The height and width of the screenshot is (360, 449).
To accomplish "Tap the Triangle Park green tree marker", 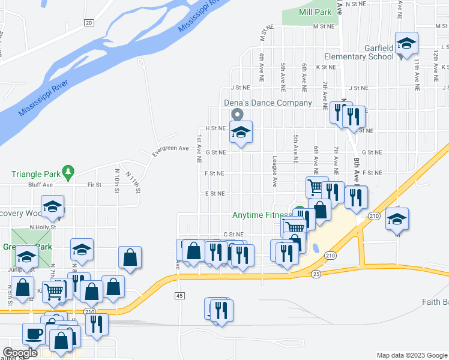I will click(68, 173).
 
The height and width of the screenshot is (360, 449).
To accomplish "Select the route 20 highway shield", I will click(89, 22).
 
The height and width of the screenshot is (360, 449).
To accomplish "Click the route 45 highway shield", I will click(179, 296).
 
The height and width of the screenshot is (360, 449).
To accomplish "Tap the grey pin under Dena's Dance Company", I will click(238, 114).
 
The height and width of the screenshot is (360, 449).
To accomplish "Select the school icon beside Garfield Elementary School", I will click(406, 43).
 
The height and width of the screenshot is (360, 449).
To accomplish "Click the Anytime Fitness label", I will click(262, 215).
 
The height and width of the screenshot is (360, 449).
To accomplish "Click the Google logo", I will click(20, 353).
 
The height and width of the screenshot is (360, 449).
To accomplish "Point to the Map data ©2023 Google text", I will click(411, 355).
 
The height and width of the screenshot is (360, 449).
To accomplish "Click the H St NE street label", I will click(214, 128).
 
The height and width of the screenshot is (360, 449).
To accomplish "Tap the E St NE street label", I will click(214, 194).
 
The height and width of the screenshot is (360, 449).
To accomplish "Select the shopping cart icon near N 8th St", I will click(54, 291).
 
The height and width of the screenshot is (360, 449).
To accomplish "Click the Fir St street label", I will click(94, 185).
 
